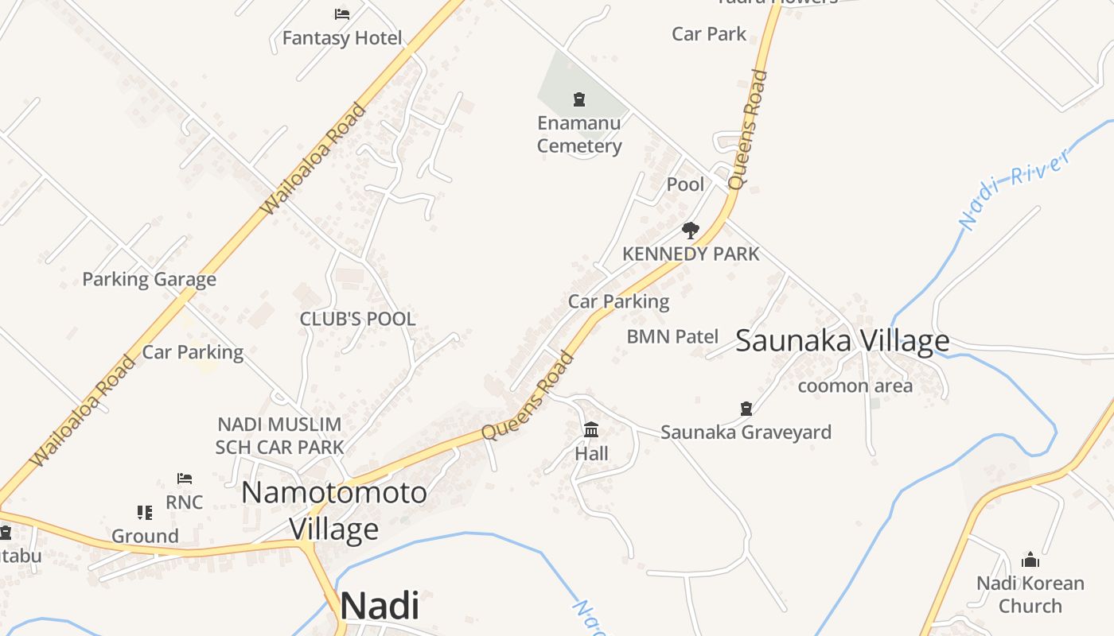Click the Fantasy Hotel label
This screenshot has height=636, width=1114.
[342, 38]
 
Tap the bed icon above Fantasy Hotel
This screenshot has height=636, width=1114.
[342, 14]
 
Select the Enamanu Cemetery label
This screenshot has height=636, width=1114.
[579, 134]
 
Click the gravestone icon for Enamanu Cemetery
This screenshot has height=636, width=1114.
[579, 99]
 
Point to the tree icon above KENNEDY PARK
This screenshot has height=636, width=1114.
[691, 231]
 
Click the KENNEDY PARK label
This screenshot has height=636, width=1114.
[691, 254]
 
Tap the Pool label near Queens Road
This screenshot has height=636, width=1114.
[685, 184]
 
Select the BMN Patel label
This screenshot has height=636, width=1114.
[672, 336]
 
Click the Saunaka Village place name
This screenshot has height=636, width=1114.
[842, 341]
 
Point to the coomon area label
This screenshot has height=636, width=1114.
[855, 386]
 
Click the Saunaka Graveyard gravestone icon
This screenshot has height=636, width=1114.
[746, 409]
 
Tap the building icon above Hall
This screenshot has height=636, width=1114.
[591, 430]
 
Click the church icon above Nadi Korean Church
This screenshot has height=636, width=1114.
[1030, 560]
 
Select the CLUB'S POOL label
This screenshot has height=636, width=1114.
[357, 319]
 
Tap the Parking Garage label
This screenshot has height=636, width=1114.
[149, 279]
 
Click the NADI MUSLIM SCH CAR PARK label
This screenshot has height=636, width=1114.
[279, 436]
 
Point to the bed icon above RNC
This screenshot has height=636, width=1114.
[185, 479]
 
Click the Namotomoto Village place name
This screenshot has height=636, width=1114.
[333, 510]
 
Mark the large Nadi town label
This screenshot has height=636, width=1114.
[380, 606]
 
